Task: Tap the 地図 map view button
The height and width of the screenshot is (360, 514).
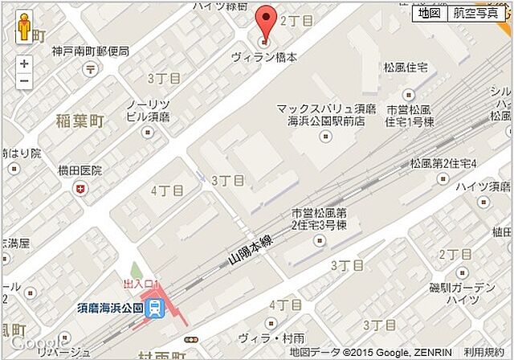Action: (429, 13)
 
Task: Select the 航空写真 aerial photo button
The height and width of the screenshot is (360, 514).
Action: (475, 13)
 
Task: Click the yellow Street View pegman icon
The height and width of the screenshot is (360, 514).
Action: (24, 30)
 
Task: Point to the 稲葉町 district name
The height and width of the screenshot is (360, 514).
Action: (80, 121)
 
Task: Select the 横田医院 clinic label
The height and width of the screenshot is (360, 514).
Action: (80, 171)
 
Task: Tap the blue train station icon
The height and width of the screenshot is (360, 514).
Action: (158, 307)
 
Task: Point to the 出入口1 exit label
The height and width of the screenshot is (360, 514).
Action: (142, 284)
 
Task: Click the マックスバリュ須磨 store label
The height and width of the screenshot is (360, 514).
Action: (320, 108)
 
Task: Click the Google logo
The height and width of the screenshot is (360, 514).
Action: (27, 343)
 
